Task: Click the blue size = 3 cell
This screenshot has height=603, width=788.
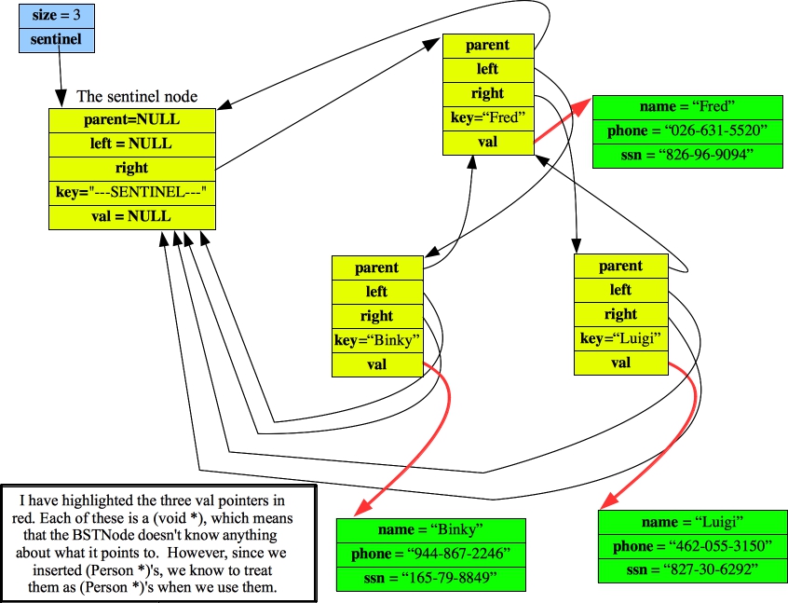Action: point(56,16)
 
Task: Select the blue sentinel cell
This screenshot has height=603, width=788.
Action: point(56,40)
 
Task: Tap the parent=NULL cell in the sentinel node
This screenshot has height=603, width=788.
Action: point(131,119)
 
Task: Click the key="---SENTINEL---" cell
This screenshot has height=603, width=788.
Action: point(131,192)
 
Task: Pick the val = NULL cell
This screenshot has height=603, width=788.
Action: point(131,216)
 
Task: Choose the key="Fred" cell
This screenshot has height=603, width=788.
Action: point(488,117)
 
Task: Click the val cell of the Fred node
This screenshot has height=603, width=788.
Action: point(488,142)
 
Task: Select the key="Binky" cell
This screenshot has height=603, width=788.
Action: point(377,340)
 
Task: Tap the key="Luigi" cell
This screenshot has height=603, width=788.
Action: point(620,338)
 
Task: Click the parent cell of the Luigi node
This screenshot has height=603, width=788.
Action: point(620,266)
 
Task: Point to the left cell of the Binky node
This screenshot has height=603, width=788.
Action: point(377,292)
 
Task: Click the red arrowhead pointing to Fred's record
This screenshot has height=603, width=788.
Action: point(581,104)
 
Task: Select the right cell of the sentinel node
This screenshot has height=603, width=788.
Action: point(131,168)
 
